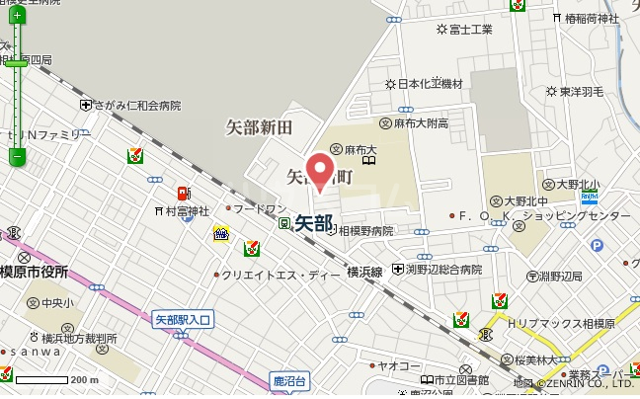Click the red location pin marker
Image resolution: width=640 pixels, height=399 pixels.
pos(318,167)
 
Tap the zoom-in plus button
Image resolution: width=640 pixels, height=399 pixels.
pos(17,16)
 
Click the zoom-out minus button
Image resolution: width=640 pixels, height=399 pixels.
pos(17,156)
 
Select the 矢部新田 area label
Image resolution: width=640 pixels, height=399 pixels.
pos(259,126)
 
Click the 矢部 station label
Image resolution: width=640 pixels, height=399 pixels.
pos(313,223)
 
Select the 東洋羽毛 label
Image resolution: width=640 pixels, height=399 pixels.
pos(574,92)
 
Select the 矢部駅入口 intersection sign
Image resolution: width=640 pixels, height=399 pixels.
pos(190,319)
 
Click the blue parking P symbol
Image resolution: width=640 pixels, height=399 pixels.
pos(596,246)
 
